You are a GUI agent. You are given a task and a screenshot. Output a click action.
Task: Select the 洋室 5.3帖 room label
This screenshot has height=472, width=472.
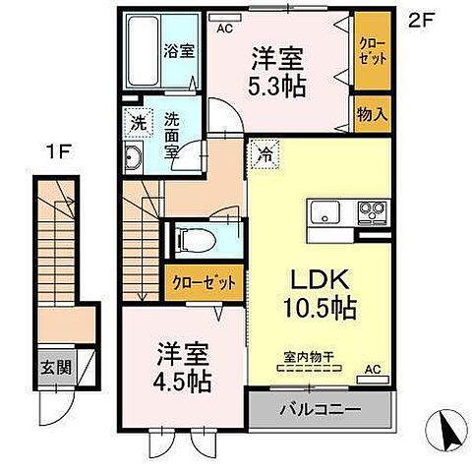tap(278, 70)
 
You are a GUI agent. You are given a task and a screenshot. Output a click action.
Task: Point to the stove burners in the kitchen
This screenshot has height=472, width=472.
tap(372, 209)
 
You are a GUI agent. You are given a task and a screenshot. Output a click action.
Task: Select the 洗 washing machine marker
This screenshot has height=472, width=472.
tap(137, 125)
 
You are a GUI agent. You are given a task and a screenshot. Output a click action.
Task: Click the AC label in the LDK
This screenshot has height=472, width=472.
tap(372, 371)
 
